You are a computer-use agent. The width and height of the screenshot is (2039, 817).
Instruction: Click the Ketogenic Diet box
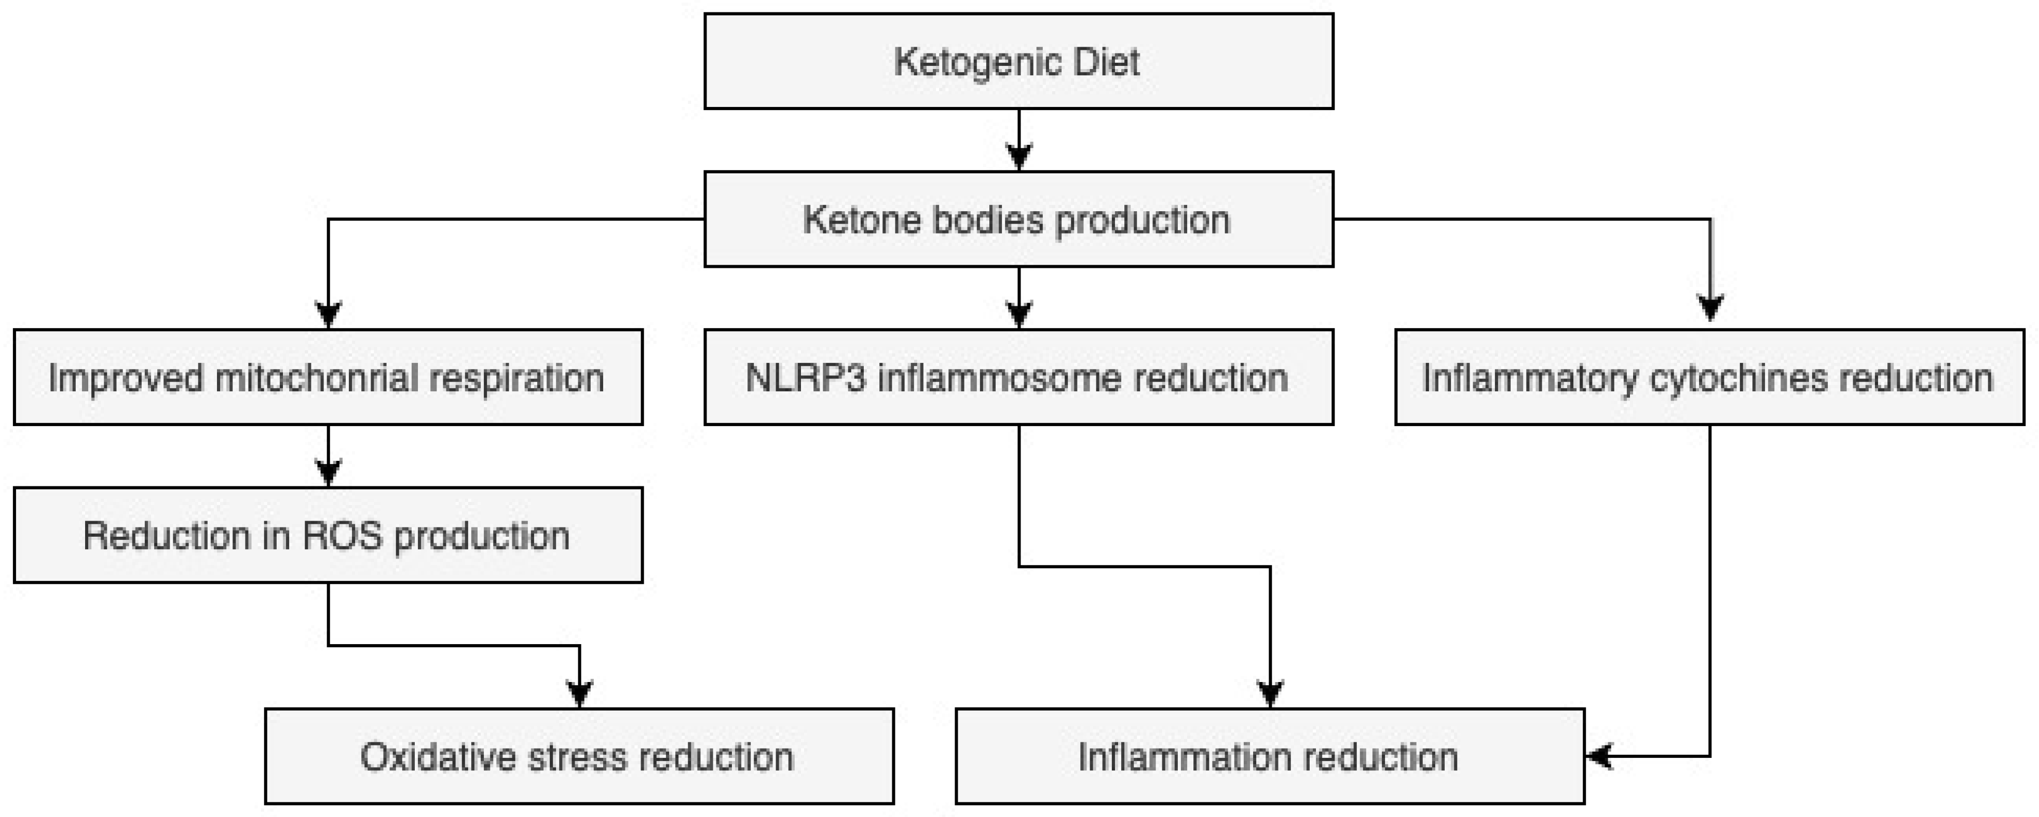click(x=1018, y=61)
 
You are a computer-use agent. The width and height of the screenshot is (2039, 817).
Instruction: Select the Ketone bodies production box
click(x=1018, y=219)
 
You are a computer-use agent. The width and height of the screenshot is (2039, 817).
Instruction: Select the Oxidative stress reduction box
click(x=579, y=757)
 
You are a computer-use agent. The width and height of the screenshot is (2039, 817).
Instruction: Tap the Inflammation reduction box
click(x=1270, y=757)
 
